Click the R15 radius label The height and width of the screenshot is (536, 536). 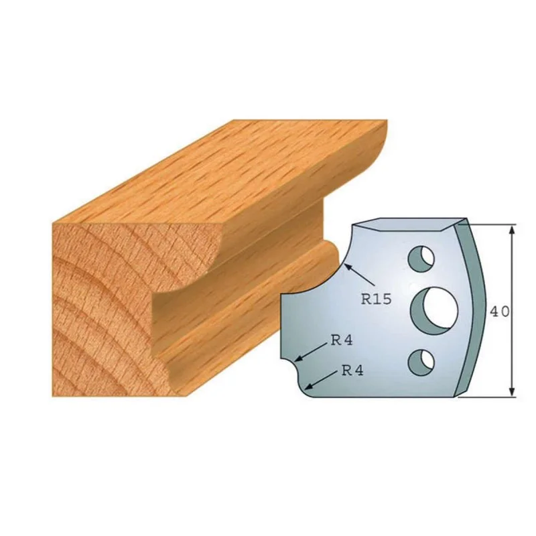point(376,299)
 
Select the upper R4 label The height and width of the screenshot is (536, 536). point(342,340)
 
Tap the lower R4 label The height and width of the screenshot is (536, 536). point(352,370)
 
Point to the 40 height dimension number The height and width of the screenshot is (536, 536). point(499,312)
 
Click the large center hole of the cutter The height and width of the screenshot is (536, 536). point(433,306)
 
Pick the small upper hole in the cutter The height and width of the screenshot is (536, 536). point(421,257)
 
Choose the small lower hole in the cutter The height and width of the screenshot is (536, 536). point(421,362)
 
